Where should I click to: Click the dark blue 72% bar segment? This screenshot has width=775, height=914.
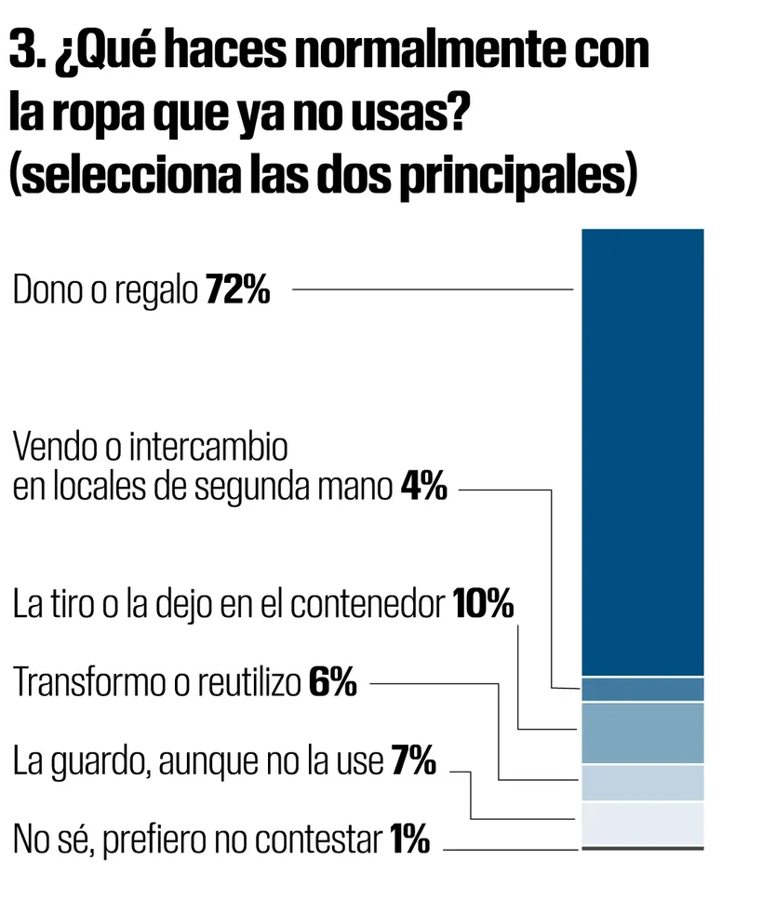click(642, 451)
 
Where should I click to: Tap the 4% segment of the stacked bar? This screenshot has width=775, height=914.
click(642, 689)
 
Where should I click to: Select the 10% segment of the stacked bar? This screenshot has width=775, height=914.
click(642, 733)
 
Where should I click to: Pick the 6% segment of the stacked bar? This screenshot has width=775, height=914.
click(642, 783)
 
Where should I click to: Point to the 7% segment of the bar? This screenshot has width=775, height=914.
click(642, 823)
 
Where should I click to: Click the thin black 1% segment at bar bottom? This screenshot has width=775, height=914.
click(642, 848)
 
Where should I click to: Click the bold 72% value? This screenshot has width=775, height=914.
click(237, 291)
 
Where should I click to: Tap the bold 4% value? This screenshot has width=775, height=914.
click(423, 487)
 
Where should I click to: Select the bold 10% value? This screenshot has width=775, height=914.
click(484, 605)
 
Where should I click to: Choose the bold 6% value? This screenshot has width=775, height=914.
click(332, 684)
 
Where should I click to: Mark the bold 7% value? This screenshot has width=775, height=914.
click(413, 763)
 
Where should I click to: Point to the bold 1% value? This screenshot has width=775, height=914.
click(409, 841)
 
